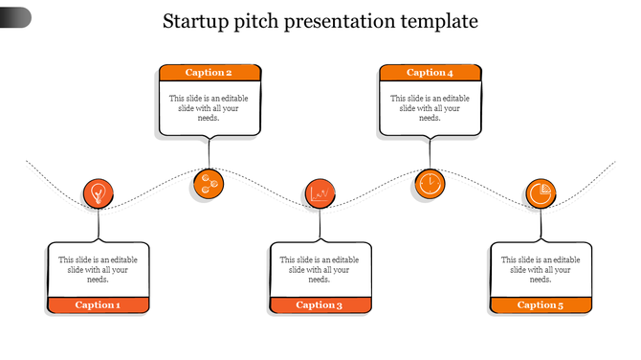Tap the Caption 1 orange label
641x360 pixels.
click(99, 305)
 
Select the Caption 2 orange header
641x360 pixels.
click(210, 73)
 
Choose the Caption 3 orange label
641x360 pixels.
click(320, 305)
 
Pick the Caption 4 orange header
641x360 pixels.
click(431, 73)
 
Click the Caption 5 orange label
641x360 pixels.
click(541, 305)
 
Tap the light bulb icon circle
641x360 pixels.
click(98, 193)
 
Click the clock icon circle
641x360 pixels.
click(431, 183)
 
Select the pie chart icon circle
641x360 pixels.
click(541, 193)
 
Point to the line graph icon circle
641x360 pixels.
click(320, 193)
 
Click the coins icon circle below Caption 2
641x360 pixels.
click(208, 184)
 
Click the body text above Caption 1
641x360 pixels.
click(99, 269)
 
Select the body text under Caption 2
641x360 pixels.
click(210, 107)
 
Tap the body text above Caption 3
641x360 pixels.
click(320, 269)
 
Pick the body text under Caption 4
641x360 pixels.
click(431, 107)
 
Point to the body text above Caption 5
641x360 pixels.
click(541, 269)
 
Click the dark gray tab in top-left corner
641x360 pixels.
click(14, 16)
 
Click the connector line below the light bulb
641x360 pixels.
click(98, 226)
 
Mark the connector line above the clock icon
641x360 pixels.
click(431, 152)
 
